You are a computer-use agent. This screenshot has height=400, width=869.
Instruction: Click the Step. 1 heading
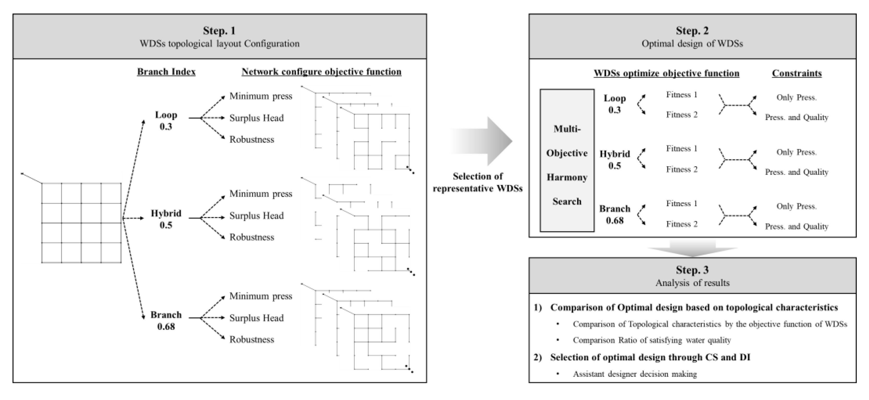(x=219, y=31)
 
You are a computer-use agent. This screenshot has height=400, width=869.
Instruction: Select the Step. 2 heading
(x=692, y=31)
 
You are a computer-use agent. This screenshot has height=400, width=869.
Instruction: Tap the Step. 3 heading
(x=692, y=270)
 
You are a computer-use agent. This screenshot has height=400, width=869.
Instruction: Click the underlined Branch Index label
(x=166, y=72)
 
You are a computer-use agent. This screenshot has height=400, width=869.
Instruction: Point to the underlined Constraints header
(x=797, y=73)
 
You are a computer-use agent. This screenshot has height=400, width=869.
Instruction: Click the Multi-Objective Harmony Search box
(x=567, y=161)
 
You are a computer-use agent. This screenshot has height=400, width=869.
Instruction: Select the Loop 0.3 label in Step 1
(x=166, y=121)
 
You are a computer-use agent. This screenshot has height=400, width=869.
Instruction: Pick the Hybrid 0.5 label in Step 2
(x=615, y=160)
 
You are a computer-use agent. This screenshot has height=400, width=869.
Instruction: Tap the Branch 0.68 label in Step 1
(x=166, y=321)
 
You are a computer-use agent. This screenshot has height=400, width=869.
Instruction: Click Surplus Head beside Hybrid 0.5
(x=257, y=216)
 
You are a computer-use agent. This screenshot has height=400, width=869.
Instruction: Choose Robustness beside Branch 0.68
(x=252, y=339)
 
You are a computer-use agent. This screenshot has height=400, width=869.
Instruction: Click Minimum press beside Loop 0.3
(x=261, y=96)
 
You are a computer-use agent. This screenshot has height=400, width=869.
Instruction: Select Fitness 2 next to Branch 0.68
(x=682, y=224)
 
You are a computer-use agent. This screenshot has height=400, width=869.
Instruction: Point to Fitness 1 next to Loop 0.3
(x=682, y=95)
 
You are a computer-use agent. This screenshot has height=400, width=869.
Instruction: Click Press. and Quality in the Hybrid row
(x=796, y=172)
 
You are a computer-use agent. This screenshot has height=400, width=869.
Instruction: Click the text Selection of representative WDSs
(x=478, y=182)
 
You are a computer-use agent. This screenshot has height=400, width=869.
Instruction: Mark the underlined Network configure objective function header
(x=322, y=72)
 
